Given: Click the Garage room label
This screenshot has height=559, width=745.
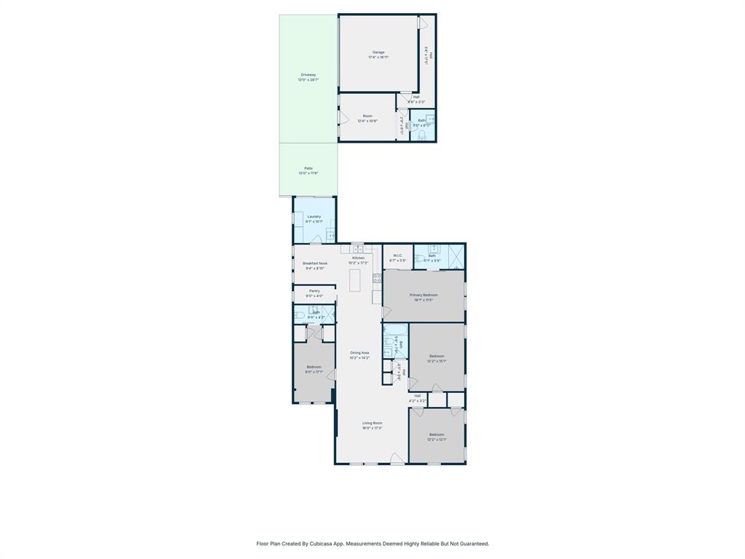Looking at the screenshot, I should pos(378,52).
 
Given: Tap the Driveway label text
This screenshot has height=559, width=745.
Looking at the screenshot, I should pos(308,74).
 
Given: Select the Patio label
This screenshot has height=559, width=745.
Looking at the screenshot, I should pos(308,168).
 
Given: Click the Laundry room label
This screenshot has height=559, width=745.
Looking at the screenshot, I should pos(314,216).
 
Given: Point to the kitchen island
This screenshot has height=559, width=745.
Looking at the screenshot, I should pos(355,280).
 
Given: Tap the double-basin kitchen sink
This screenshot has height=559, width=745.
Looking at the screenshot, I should pos(356,250).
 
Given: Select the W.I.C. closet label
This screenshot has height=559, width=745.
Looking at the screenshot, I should pos(397,255).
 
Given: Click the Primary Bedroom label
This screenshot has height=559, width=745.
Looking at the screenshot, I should pos(423,295).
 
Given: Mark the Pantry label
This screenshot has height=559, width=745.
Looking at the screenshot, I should pos(314,290).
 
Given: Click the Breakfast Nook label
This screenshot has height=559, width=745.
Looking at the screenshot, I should pos(315,263).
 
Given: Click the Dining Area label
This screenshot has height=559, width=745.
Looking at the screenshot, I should pos(359,353).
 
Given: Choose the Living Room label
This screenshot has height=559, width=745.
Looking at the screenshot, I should pos(372,423).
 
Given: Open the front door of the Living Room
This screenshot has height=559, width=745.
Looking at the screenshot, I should pos(397,459).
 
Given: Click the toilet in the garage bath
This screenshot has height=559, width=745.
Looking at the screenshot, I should pos(422,135).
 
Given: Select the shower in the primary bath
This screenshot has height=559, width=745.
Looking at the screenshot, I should pos(457,256).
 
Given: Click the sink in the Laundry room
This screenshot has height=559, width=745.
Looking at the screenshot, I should pos(330,234).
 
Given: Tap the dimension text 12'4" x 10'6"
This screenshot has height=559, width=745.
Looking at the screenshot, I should pos(367,121).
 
